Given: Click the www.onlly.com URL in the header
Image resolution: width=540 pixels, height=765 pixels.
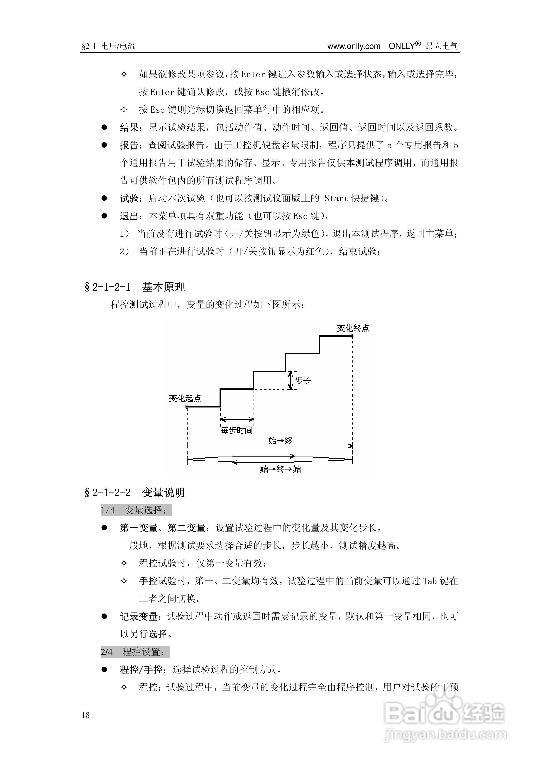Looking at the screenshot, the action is pos(354,46).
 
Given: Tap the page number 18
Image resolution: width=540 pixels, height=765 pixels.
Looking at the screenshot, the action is pos(86,715).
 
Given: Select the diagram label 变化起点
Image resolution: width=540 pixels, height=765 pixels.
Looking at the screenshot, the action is pos(185,398).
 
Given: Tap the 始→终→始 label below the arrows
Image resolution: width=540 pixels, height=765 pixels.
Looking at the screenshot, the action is pos(281,469).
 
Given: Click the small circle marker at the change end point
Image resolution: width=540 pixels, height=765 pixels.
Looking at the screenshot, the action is pos(353,336).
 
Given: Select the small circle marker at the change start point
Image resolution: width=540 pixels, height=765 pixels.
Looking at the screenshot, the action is pos(187,407).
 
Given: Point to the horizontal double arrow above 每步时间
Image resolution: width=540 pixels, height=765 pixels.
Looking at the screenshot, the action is pos(237,419).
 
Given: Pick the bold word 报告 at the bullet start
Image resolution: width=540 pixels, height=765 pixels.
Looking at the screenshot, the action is pos(129,145).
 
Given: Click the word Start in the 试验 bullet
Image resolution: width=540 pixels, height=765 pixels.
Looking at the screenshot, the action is pos(336,198).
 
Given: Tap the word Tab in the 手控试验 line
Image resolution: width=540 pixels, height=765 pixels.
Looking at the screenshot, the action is pos(429,581).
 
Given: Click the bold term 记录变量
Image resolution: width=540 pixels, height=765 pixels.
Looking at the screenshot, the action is pos(139,617).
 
